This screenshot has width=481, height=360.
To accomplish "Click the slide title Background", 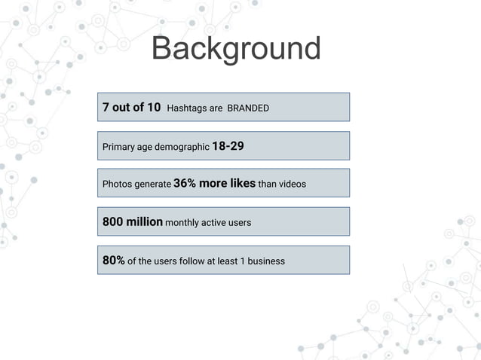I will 236,49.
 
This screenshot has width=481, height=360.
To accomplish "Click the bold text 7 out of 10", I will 131,108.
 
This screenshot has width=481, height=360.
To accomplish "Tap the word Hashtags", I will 185,108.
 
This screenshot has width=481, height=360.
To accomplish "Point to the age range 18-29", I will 228,146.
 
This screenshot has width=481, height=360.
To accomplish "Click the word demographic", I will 182,147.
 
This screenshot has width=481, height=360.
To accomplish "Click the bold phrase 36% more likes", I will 214,184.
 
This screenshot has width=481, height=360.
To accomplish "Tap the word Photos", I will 117,185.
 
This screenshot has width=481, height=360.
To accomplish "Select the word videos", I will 292,185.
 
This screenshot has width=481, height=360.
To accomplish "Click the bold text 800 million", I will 133,222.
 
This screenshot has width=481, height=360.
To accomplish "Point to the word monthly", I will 182,223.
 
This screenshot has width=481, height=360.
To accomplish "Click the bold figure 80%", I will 114,261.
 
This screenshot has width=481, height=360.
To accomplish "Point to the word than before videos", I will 268,185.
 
